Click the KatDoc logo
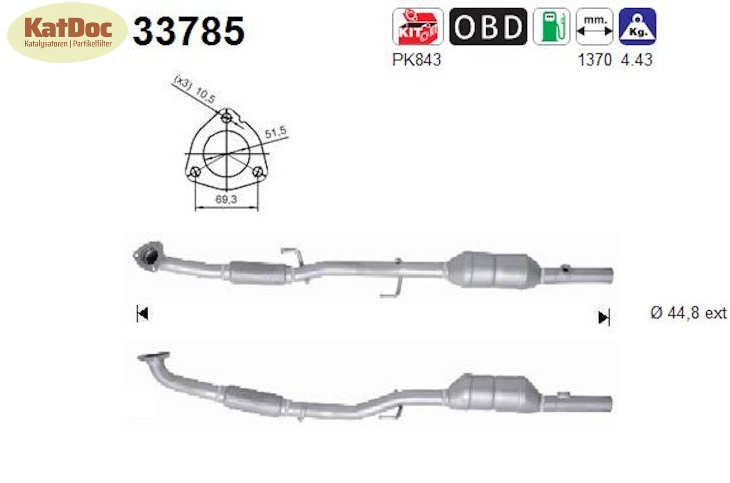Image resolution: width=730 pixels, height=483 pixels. coord(68,32)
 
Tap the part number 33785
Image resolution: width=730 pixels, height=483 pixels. coord(188,31)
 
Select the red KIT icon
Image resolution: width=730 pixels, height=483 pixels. coord(417,26)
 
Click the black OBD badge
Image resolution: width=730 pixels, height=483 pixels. coord(488,26)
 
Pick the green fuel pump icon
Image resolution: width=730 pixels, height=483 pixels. coord(552,26)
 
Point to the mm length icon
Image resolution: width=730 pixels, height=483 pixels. coord(594,26)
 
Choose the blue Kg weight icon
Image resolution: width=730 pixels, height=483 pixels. coord(637,26)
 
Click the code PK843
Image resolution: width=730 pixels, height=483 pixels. coord(417,60)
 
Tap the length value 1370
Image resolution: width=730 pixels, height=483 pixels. coord(594,60)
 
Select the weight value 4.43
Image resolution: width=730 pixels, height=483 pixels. coord(636,60)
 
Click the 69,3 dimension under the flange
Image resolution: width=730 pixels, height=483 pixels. coord(227,199)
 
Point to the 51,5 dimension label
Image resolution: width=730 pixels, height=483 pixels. coord(276,132)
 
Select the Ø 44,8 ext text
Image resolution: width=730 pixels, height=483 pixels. coord(688,313)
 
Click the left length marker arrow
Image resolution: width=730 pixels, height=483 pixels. coord(142,314)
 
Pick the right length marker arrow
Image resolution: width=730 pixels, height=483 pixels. coord(604,317)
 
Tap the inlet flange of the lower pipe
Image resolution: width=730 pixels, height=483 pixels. coord(153,358)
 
